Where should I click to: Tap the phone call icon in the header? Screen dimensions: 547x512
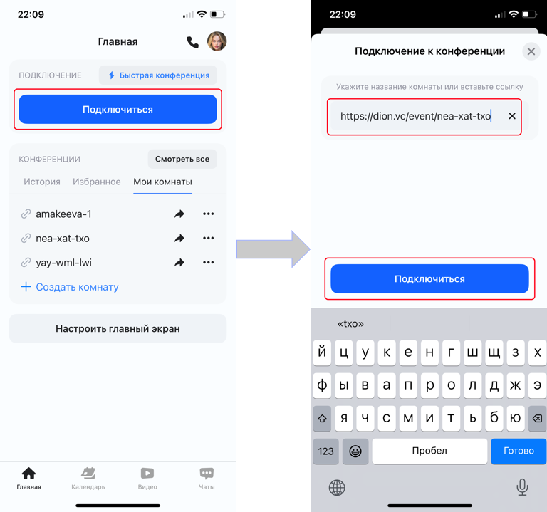tap(192, 42)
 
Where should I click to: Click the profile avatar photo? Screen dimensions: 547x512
tap(217, 41)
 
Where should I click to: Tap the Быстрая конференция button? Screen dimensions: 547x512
tap(158, 75)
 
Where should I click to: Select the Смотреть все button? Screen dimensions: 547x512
tap(182, 159)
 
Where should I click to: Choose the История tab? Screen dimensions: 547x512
tap(42, 182)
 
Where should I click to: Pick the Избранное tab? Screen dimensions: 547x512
tap(97, 182)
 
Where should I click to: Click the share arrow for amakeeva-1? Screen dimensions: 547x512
tap(179, 214)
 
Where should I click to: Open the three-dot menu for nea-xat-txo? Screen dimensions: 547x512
tap(208, 239)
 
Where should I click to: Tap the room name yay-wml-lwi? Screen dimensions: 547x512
tap(63, 263)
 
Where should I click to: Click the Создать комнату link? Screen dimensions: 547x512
tap(70, 287)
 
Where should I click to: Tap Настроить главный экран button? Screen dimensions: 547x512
tap(118, 328)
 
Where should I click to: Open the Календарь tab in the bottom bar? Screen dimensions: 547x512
tap(88, 478)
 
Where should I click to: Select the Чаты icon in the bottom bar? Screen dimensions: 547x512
tap(207, 474)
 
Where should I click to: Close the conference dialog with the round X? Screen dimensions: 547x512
tap(531, 51)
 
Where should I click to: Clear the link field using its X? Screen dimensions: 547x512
tap(512, 116)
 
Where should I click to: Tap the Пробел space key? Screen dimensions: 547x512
tap(429, 451)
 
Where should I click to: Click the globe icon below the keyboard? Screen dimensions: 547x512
tap(337, 487)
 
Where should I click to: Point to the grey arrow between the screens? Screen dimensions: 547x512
tap(273, 249)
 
